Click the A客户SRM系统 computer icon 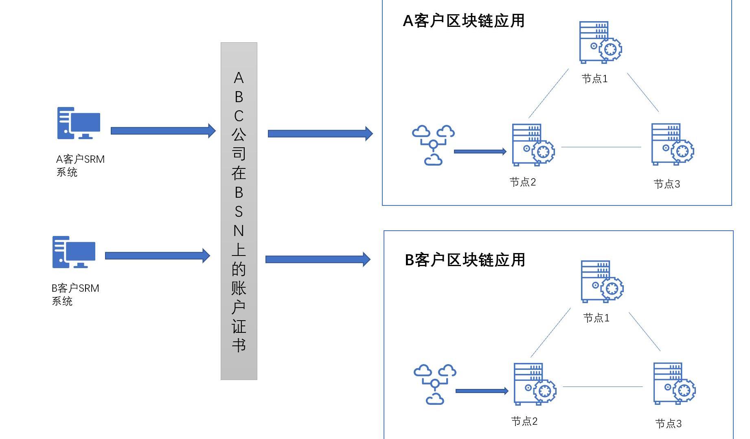pyautogui.click(x=79, y=123)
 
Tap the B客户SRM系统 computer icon pyautogui.click(x=74, y=252)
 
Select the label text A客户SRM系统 pyautogui.click(x=80, y=166)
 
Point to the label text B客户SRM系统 pyautogui.click(x=75, y=295)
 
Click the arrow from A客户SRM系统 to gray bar pyautogui.click(x=163, y=131)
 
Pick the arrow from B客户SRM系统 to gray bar pyautogui.click(x=157, y=256)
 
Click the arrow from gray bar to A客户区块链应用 pyautogui.click(x=320, y=133)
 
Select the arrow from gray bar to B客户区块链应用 pyautogui.click(x=318, y=259)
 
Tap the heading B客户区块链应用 pyautogui.click(x=465, y=260)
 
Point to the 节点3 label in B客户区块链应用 pyautogui.click(x=668, y=424)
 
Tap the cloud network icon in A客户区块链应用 pyautogui.click(x=433, y=145)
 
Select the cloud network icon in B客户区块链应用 pyautogui.click(x=435, y=384)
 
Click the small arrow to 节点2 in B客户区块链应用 pyautogui.click(x=482, y=391)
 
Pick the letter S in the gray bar pyautogui.click(x=239, y=212)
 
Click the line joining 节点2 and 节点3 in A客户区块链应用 pyautogui.click(x=601, y=147)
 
